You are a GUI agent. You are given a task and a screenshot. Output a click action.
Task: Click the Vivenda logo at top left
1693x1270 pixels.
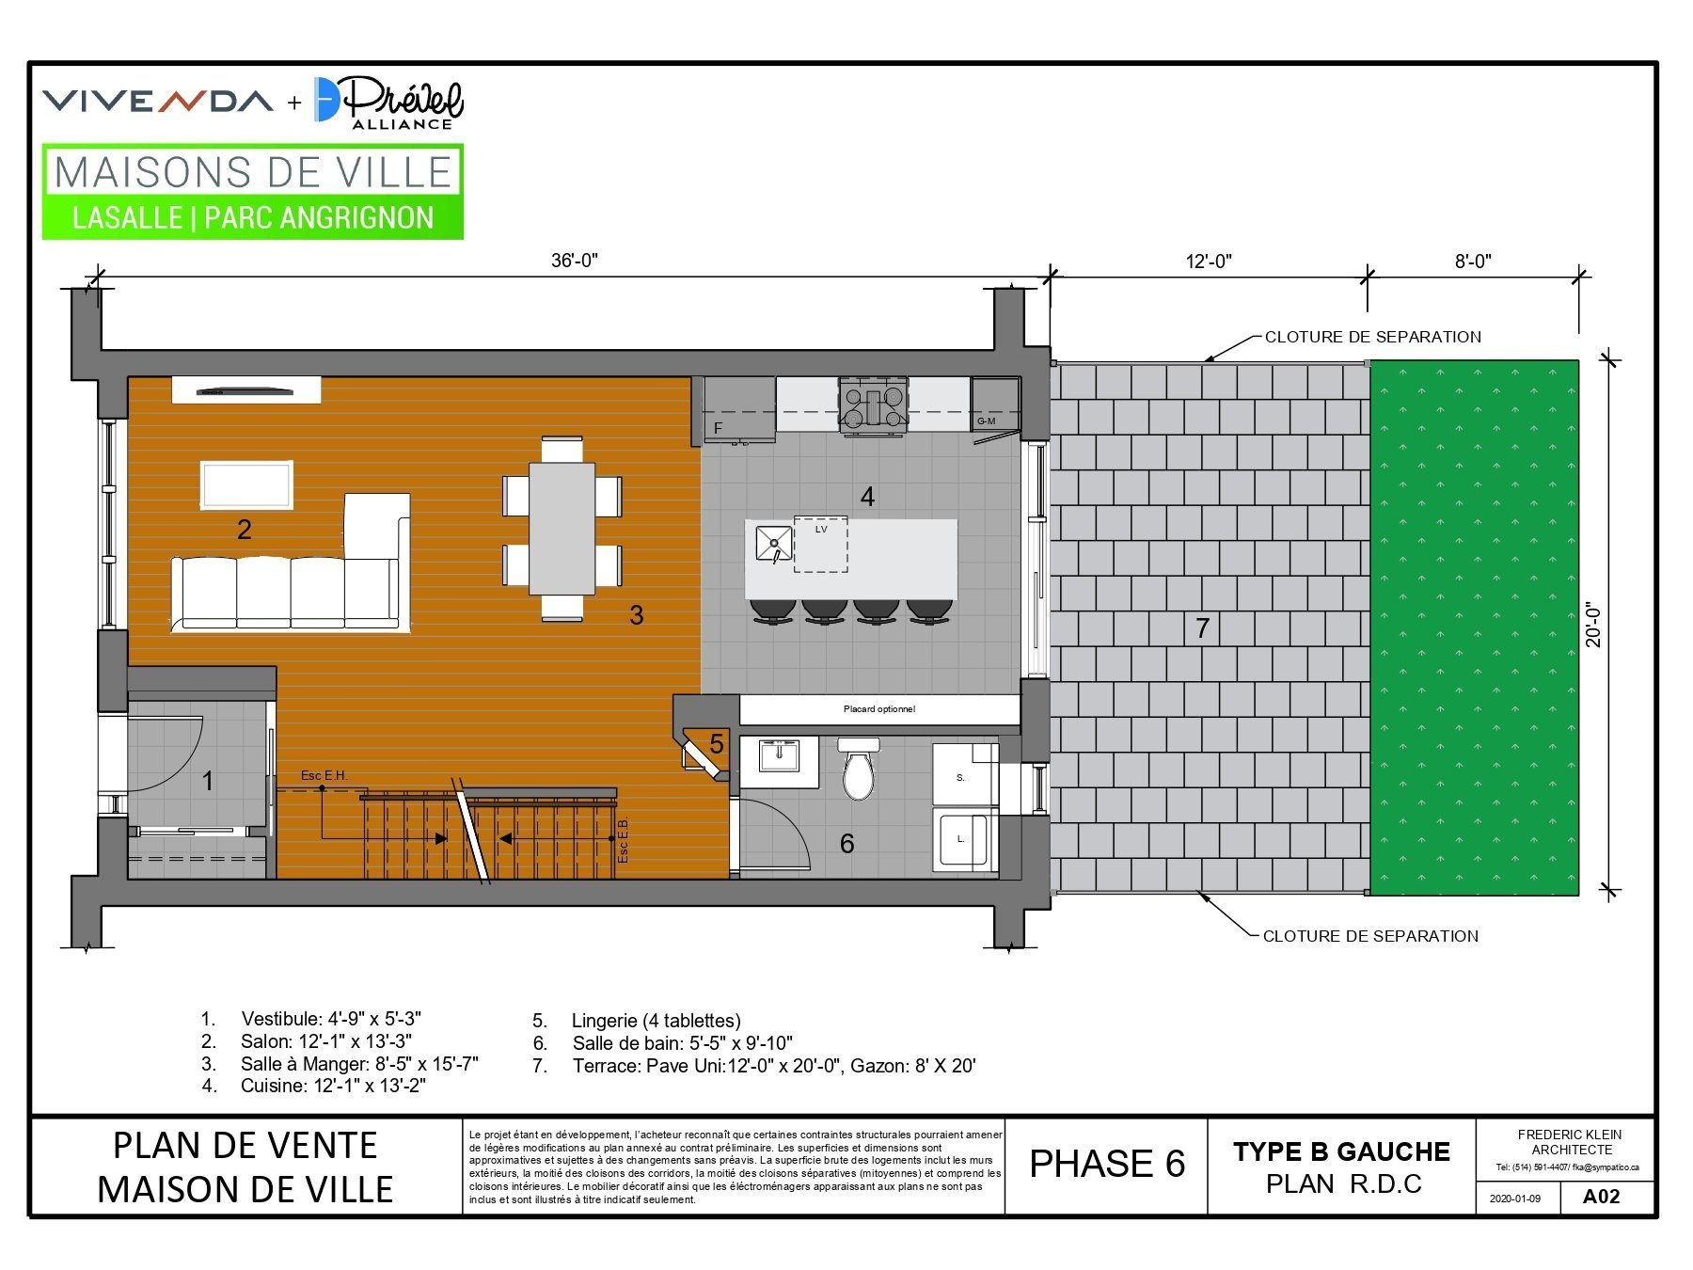point(158,100)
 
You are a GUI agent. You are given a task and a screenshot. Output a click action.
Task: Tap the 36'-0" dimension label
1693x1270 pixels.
point(575,261)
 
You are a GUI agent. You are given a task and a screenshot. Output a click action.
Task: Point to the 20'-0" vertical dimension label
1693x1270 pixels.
point(1592,625)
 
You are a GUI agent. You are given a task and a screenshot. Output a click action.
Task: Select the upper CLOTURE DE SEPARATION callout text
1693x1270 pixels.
point(1372,337)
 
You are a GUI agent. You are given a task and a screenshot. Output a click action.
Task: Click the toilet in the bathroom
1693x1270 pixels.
point(858,768)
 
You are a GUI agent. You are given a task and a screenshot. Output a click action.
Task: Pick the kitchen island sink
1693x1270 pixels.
point(774,544)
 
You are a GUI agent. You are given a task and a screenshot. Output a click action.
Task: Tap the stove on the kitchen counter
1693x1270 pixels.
point(875,405)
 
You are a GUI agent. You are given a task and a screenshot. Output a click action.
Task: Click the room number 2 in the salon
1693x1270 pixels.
point(245,530)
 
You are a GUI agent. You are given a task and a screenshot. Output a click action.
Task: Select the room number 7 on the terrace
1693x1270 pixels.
point(1202,628)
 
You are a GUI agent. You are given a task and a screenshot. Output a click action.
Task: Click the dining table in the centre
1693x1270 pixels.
point(562,528)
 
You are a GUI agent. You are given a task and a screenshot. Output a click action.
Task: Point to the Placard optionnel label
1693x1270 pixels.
point(878,709)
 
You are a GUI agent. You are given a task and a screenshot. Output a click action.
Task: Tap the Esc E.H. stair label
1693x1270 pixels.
point(324,775)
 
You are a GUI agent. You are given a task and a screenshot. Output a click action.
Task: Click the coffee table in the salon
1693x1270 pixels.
point(246,484)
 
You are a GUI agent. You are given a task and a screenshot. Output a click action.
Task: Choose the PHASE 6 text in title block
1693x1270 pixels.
point(1107,1164)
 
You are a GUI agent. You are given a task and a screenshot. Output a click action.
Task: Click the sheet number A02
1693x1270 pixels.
point(1601,1197)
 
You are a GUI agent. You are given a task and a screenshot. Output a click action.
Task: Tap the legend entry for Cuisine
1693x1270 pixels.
point(313,1086)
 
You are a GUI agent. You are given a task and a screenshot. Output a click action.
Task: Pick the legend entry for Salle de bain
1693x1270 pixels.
point(663,1043)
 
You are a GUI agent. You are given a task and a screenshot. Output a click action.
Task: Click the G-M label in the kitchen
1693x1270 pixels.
point(986,421)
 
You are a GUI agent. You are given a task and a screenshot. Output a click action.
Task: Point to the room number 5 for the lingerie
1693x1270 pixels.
point(717,744)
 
